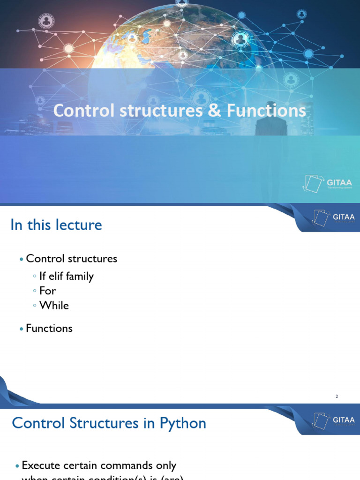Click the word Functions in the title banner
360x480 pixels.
point(266,111)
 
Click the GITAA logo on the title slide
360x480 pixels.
point(328,183)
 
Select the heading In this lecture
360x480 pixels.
point(56,225)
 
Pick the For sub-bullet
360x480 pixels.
point(47,291)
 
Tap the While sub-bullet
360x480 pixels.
point(54,306)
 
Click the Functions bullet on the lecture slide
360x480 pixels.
point(49,329)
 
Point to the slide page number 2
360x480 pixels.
point(337,397)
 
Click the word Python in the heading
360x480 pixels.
point(183,423)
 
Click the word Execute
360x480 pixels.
point(41,466)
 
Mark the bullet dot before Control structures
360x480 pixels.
point(21,259)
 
